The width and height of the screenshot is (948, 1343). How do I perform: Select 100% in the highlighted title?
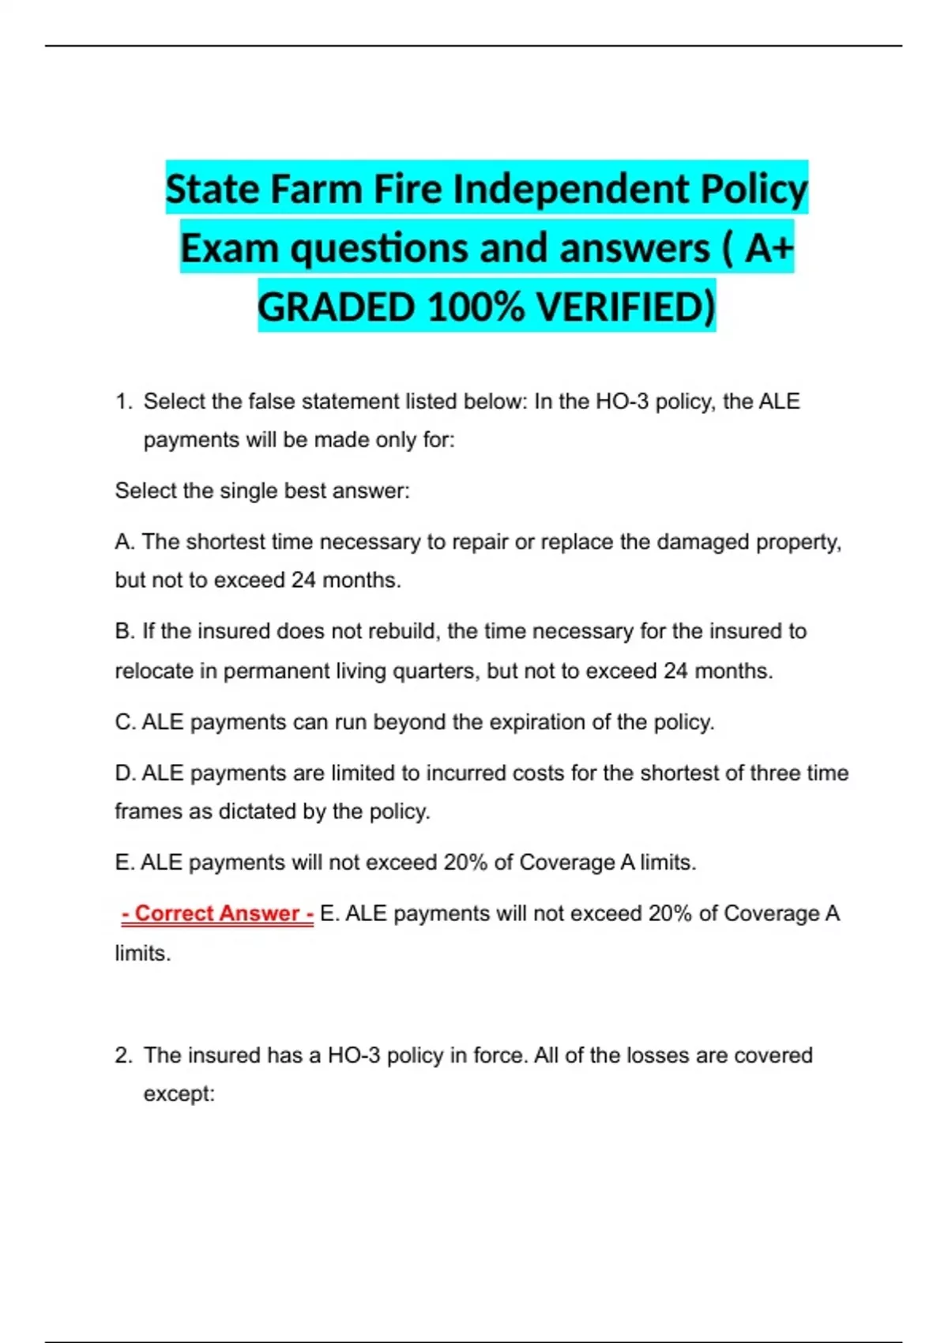(476, 307)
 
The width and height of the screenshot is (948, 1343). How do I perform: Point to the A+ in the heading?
(769, 249)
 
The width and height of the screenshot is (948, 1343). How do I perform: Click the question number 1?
(122, 402)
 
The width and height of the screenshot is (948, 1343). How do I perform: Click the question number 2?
(122, 1055)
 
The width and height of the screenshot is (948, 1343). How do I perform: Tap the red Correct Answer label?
(217, 914)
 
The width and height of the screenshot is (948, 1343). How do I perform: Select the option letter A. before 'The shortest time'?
(125, 542)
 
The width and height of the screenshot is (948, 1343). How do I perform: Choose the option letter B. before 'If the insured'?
(125, 631)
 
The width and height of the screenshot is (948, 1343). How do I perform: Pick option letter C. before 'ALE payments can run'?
(125, 722)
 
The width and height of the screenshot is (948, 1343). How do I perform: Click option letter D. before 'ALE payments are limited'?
(125, 773)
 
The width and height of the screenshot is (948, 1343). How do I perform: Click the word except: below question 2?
(179, 1094)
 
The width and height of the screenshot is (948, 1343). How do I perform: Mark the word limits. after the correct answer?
(142, 954)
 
